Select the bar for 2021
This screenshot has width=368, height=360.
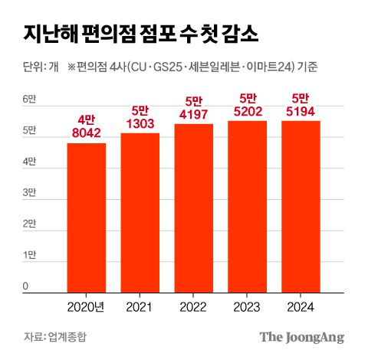click(x=140, y=213)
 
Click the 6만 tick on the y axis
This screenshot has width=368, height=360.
click(x=29, y=100)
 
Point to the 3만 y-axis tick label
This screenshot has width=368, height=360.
click(x=29, y=193)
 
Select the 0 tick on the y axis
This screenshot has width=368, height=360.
click(x=25, y=286)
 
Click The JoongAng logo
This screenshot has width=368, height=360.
click(x=301, y=337)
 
